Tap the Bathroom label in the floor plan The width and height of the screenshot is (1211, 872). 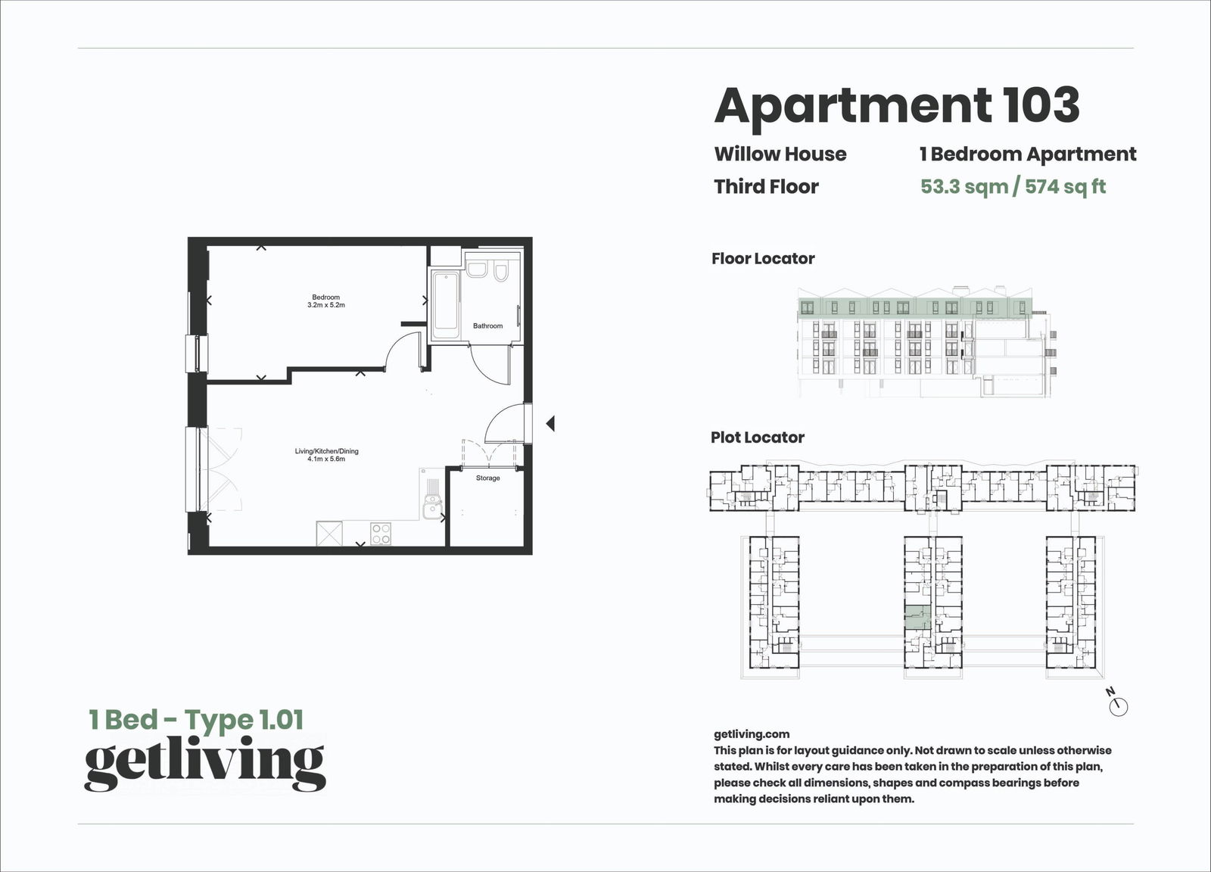487,326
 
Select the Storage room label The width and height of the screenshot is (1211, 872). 487,478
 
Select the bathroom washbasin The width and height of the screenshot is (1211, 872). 478,270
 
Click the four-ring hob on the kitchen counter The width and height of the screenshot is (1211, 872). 380,534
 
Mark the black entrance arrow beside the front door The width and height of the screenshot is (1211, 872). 550,424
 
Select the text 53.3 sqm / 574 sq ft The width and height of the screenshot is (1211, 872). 1013,186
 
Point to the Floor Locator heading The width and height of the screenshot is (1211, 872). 763,259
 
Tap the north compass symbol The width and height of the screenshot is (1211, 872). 1118,706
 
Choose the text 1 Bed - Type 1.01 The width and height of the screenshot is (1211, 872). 196,719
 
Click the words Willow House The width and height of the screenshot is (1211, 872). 780,154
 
